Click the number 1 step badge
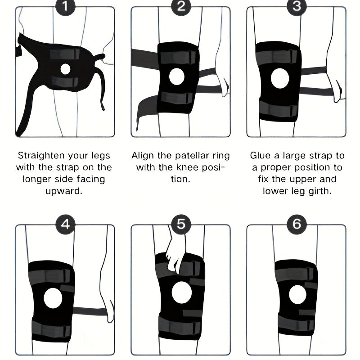click(x=65, y=6)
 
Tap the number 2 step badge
click(x=181, y=6)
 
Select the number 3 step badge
click(x=297, y=6)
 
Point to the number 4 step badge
click(x=65, y=224)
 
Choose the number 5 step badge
click(x=181, y=224)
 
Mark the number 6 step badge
click(x=297, y=224)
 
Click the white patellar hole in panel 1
click(x=65, y=69)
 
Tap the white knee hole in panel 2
click(x=177, y=76)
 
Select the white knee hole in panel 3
click(x=280, y=78)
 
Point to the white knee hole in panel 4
click(x=53, y=298)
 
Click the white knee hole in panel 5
click(x=182, y=292)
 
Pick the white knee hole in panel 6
click(x=297, y=295)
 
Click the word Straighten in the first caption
click(x=41, y=156)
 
